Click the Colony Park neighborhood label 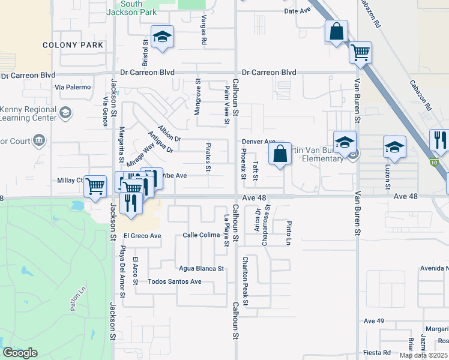pyautogui.click(x=73, y=45)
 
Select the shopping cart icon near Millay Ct pyautogui.click(x=95, y=186)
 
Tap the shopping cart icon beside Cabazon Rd pyautogui.click(x=360, y=52)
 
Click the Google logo pyautogui.click(x=20, y=353)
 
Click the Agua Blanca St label pyautogui.click(x=201, y=268)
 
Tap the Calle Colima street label pyautogui.click(x=201, y=235)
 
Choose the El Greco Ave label pyautogui.click(x=142, y=236)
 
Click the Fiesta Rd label pyautogui.click(x=378, y=352)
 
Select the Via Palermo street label pyautogui.click(x=72, y=87)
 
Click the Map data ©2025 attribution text pyautogui.click(x=424, y=355)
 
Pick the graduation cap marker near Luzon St pyautogui.click(x=394, y=146)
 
